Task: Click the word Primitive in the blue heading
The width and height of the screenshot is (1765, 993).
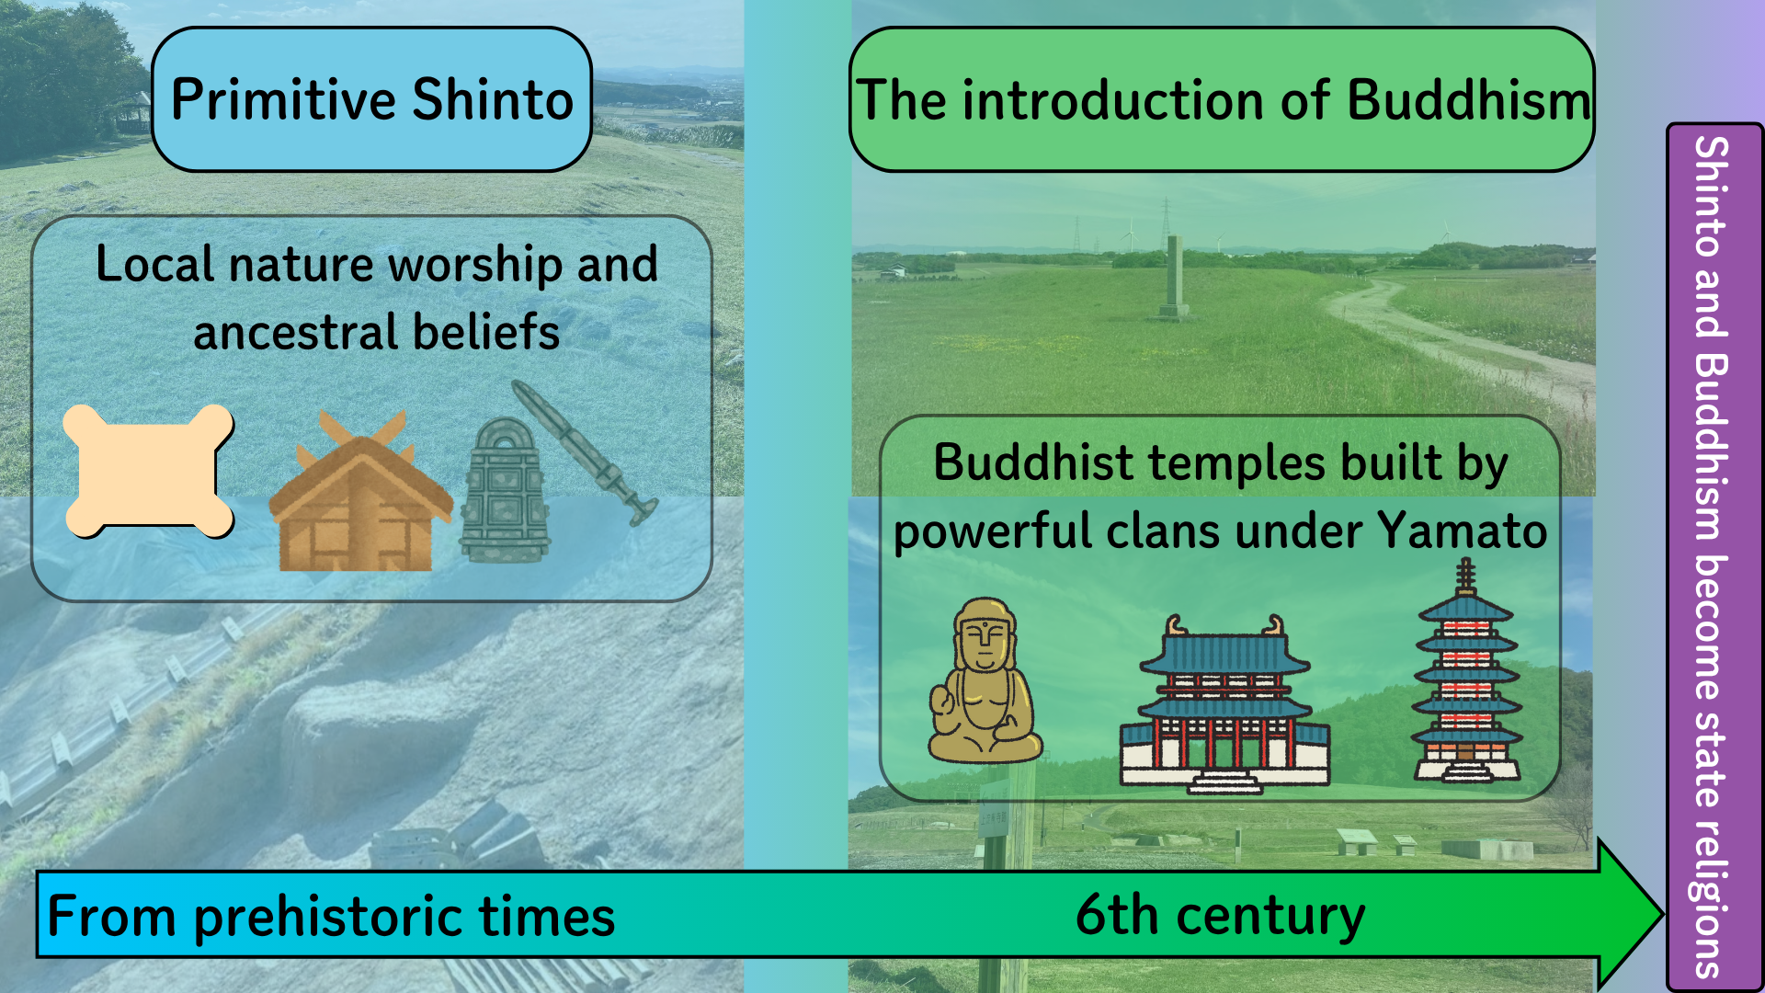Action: [x=283, y=100]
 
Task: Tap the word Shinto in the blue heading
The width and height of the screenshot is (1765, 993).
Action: [x=493, y=99]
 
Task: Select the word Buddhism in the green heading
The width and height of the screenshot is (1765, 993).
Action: [x=1468, y=99]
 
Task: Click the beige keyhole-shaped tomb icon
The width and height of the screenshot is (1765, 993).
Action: [x=148, y=471]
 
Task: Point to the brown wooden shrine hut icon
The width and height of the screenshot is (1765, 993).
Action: [x=359, y=493]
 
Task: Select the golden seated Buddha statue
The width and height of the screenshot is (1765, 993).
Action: [x=985, y=680]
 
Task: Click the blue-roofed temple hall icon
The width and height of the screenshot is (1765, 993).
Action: [x=1224, y=703]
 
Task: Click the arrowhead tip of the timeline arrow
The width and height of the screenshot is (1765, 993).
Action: [x=1663, y=914]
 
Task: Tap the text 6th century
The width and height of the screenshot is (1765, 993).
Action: [x=1220, y=916]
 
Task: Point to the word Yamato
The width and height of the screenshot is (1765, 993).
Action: [x=1462, y=531]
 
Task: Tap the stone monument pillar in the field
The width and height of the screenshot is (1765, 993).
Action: [x=1172, y=278]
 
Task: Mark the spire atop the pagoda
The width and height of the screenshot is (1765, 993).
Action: [x=1465, y=577]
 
